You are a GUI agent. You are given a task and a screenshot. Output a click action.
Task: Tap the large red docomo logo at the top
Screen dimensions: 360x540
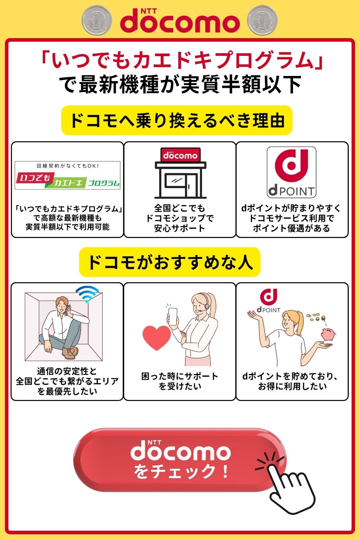[180, 21]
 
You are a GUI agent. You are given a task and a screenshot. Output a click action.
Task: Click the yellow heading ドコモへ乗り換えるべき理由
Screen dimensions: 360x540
[177, 120]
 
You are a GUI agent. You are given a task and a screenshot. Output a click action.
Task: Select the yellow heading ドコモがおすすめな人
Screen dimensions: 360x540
[170, 262]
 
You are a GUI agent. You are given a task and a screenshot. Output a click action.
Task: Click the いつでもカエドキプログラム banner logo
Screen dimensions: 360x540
[68, 176]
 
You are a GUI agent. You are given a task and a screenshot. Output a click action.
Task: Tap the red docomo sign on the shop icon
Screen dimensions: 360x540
[180, 155]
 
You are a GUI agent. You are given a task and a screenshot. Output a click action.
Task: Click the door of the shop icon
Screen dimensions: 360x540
[191, 186]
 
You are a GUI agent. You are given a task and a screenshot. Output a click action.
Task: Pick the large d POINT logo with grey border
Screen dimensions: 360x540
[291, 172]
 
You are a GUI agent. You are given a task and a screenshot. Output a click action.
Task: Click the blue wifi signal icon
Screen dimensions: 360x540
[87, 294]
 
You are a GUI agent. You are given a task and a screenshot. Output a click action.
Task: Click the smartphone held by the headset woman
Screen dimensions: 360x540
[173, 316]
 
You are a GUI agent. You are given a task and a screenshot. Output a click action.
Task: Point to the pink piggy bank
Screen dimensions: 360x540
[328, 334]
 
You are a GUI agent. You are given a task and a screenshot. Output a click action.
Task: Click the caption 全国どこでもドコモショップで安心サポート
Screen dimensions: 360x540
[180, 218]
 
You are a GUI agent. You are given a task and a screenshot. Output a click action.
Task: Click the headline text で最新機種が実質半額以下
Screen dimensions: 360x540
[180, 84]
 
